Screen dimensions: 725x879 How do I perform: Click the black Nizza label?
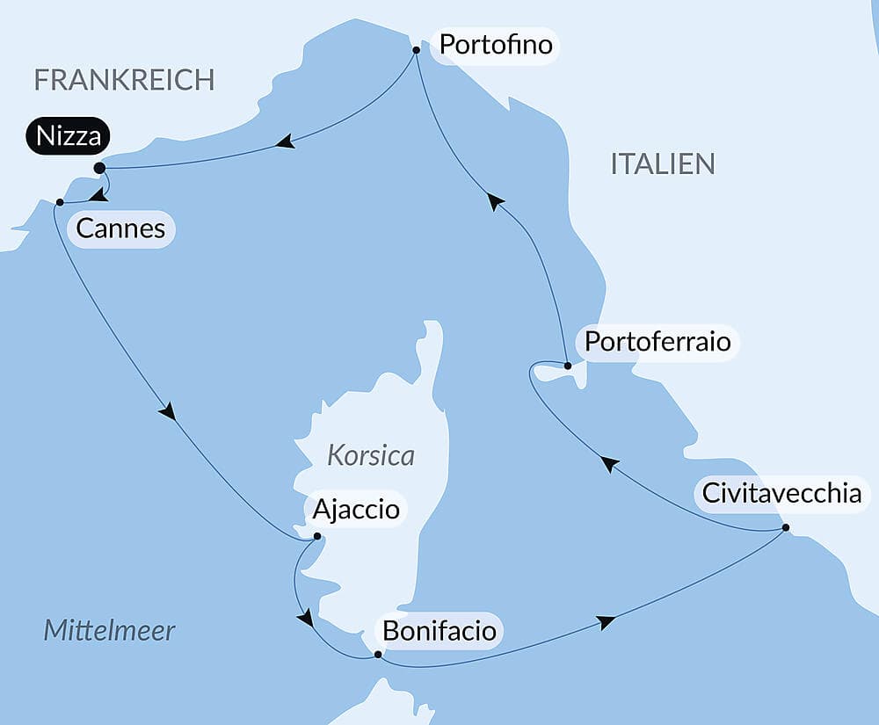[68, 137]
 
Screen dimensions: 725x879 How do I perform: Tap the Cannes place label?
[120, 229]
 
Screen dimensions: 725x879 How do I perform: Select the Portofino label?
[496, 44]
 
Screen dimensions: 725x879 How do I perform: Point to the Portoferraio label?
[657, 341]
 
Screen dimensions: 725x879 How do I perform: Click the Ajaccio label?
[355, 509]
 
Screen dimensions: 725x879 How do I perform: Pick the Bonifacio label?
[439, 631]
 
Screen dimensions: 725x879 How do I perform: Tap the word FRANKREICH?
[124, 80]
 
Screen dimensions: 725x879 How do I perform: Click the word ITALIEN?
[663, 163]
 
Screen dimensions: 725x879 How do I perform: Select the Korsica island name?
[370, 456]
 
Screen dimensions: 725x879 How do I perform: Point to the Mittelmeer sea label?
[109, 630]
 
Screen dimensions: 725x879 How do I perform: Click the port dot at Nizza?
[99, 168]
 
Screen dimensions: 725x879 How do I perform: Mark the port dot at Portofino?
[416, 51]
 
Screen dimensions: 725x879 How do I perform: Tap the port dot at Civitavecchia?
[785, 528]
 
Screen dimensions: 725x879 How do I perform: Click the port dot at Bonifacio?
[378, 655]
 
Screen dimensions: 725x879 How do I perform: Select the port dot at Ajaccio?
[317, 535]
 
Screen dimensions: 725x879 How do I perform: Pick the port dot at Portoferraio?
[568, 366]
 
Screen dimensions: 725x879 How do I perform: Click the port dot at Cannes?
[59, 203]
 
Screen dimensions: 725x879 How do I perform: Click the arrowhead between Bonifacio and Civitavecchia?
[605, 622]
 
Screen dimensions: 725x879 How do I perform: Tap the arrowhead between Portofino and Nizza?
[284, 142]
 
